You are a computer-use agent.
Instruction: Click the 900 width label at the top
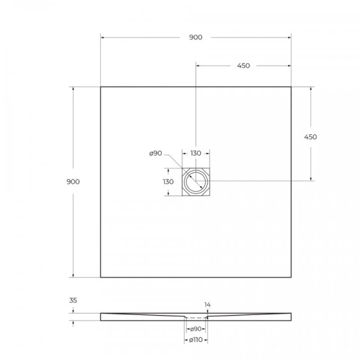pos(196,37)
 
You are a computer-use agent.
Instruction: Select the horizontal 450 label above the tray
pos(244,66)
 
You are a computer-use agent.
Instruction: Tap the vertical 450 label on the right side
pos(310,137)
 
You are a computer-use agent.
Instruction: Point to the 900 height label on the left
pos(74,181)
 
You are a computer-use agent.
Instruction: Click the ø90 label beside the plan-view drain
pos(155,154)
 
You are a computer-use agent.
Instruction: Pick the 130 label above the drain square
pos(196,154)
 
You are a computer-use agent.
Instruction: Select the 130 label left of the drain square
pos(169,181)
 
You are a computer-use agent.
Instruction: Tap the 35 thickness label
pos(74,300)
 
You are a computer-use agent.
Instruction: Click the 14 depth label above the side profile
pos(208,305)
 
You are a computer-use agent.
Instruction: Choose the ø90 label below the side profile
pos(195,329)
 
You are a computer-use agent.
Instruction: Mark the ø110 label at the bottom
pos(196,340)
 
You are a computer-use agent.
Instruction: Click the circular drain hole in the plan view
pos(196,181)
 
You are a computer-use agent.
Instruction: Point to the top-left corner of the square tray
pos(101,87)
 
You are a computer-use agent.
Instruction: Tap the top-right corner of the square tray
pos(291,87)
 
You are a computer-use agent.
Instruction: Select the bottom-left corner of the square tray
pos(101,277)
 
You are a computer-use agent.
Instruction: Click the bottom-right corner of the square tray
pos(291,277)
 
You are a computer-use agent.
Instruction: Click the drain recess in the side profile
pos(196,317)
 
